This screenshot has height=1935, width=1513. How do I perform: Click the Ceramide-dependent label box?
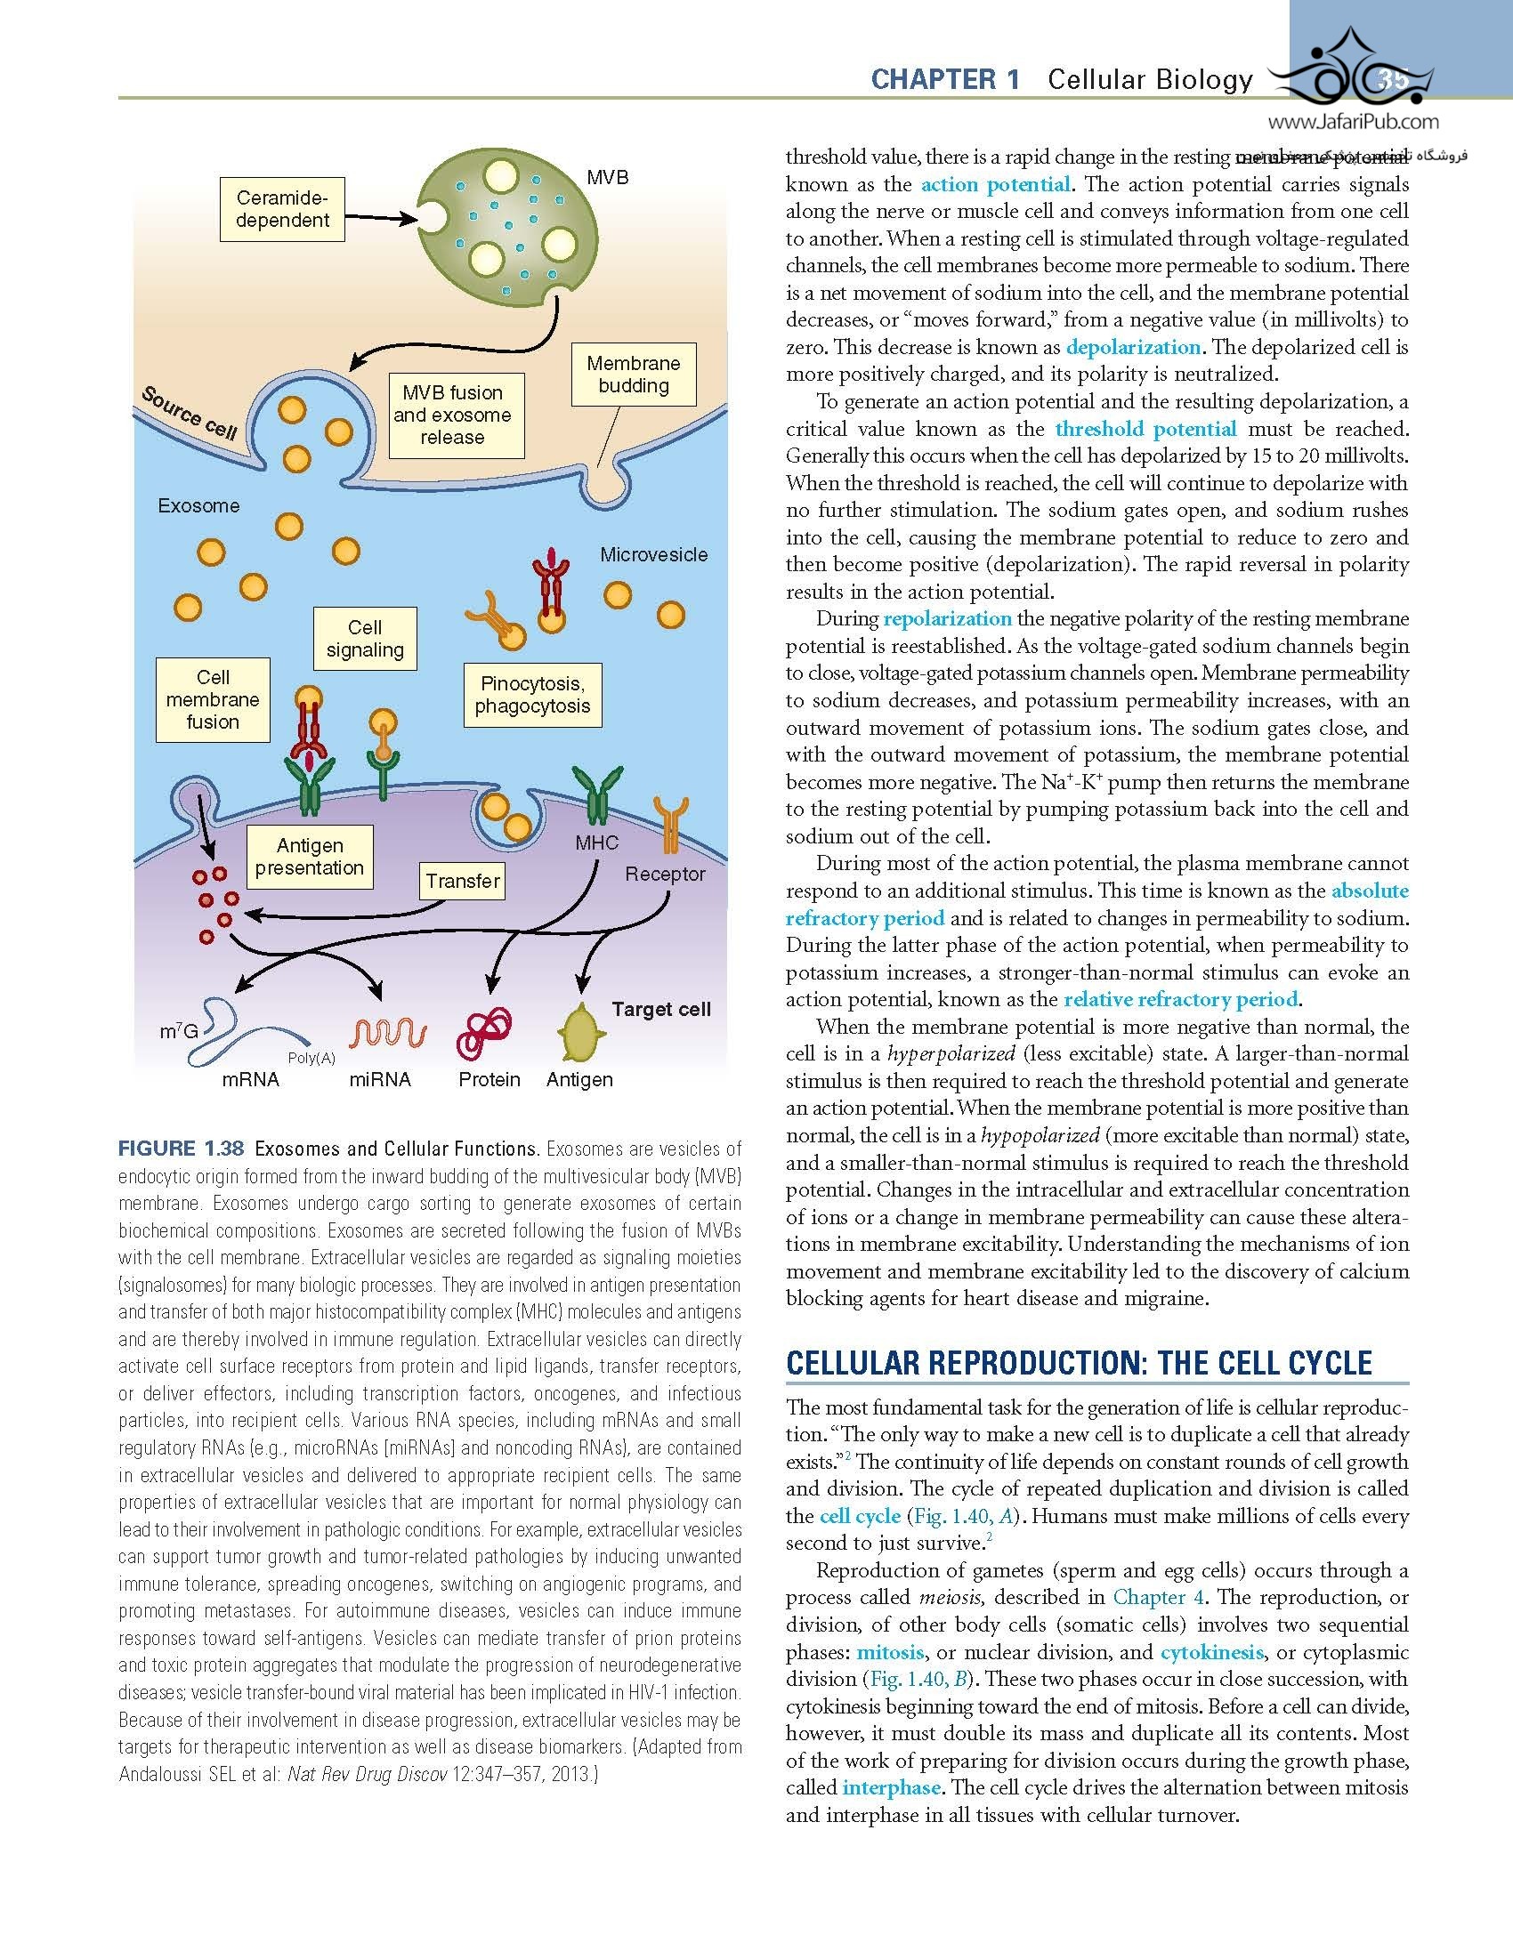point(282,210)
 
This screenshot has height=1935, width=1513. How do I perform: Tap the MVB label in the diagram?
point(607,178)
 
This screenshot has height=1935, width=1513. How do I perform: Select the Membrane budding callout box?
point(633,375)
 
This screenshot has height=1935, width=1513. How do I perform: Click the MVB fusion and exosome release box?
point(452,415)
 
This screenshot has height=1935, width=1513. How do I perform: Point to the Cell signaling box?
point(365,639)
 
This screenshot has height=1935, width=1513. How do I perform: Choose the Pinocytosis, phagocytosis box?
point(532,695)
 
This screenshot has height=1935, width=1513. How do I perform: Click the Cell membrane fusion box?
point(213,699)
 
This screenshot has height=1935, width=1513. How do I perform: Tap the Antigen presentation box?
point(309,856)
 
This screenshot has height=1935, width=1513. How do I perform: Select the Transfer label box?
point(462,881)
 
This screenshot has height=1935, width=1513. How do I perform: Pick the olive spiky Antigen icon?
point(580,1032)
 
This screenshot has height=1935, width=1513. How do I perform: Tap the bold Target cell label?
point(661,1009)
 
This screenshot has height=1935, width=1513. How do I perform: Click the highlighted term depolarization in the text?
point(1133,347)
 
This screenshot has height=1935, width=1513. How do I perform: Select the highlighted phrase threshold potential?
point(1145,429)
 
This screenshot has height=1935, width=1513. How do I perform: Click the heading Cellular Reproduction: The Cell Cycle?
point(1080,1363)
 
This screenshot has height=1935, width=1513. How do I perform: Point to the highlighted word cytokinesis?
point(1212,1652)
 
